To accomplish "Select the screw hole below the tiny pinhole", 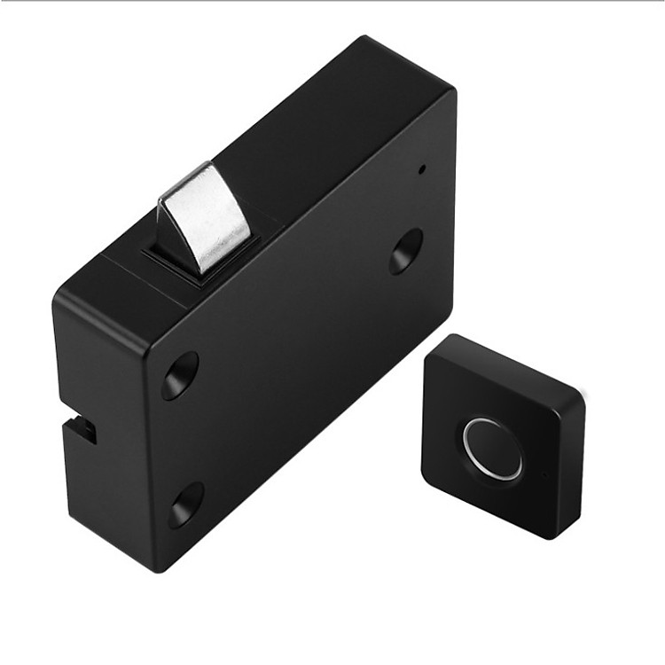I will pyautogui.click(x=406, y=251).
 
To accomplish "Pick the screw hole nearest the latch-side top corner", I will pyautogui.click(x=180, y=375).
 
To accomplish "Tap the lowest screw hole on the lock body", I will pyautogui.click(x=186, y=505).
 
